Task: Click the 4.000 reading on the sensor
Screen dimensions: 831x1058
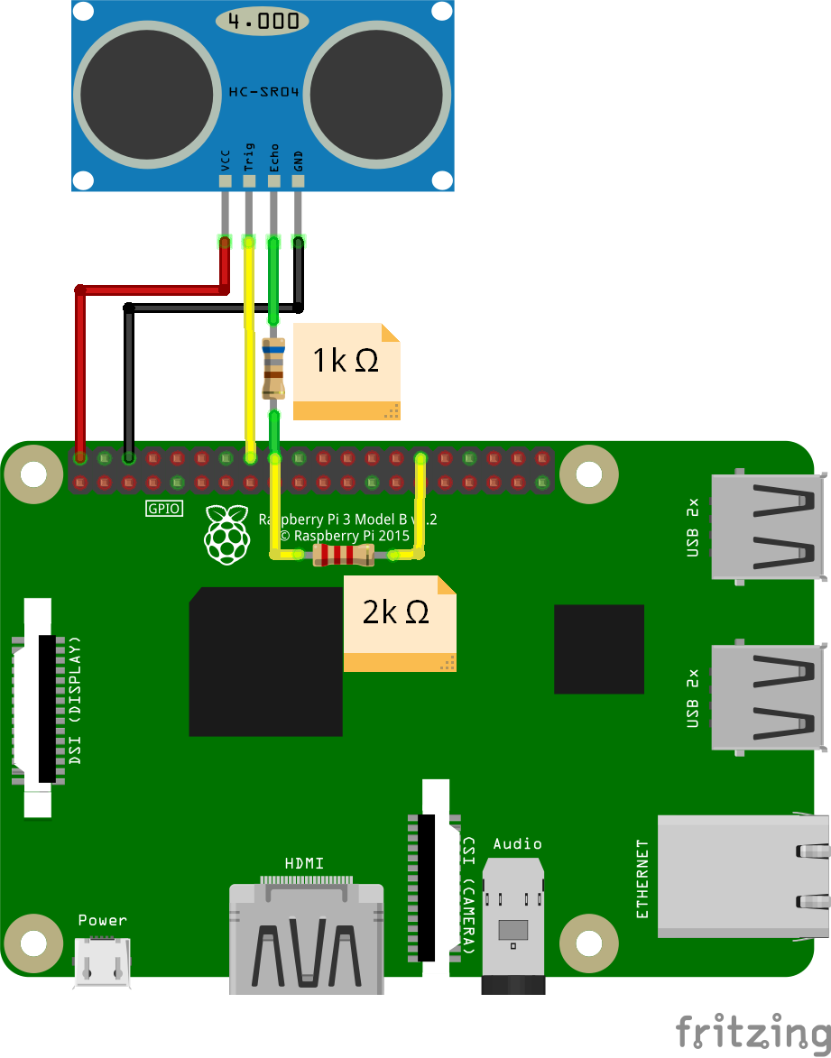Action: click(x=263, y=21)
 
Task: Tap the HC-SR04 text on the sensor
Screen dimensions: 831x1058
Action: click(x=263, y=92)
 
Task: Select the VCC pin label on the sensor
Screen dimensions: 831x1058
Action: click(x=226, y=161)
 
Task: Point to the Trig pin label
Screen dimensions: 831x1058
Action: click(x=249, y=157)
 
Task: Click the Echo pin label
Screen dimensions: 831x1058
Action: click(x=273, y=158)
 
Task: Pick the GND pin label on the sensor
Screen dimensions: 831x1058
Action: click(x=298, y=161)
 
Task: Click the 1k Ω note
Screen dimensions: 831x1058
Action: click(x=346, y=372)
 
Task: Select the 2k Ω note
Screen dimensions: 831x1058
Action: click(x=400, y=623)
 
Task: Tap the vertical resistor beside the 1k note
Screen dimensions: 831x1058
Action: click(x=273, y=368)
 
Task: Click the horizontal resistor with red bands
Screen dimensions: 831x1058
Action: click(x=344, y=556)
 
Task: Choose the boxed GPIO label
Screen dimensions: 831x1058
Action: click(x=164, y=508)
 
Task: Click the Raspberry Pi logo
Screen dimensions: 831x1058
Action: click(x=227, y=534)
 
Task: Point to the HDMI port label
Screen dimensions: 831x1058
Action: click(x=304, y=863)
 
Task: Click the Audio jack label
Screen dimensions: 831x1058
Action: click(x=517, y=843)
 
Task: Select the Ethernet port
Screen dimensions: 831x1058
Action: click(x=743, y=876)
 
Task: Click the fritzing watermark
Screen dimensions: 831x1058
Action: click(x=753, y=1033)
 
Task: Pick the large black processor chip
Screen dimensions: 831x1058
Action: click(x=266, y=661)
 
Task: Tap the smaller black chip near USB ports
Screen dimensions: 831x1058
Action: click(x=599, y=649)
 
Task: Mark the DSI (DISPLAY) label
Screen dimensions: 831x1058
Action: click(x=75, y=700)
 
